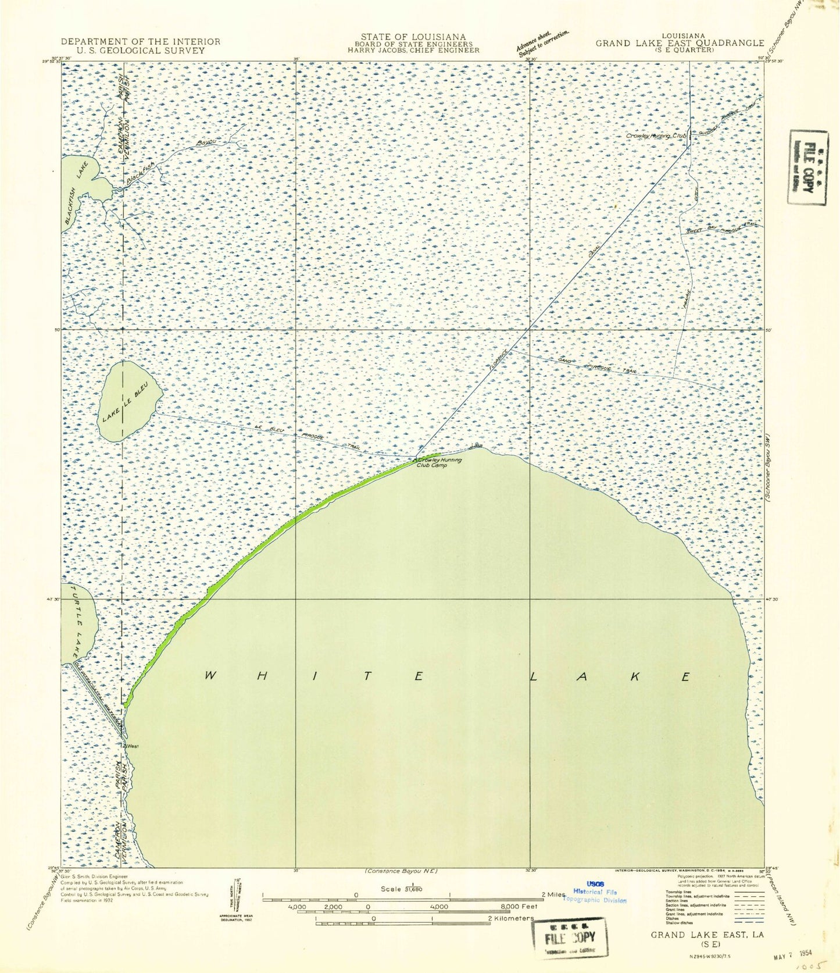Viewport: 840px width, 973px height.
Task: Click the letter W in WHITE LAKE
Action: pos(210,676)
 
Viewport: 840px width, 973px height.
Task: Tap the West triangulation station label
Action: pos(132,746)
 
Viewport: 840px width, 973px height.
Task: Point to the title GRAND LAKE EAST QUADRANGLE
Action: pos(679,42)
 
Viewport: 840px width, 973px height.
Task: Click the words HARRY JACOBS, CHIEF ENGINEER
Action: pos(413,51)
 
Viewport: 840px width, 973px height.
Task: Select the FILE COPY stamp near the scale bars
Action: pos(569,938)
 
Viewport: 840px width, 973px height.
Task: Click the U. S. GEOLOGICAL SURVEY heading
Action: pos(141,51)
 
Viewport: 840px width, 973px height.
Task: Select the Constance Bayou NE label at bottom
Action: pos(401,871)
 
